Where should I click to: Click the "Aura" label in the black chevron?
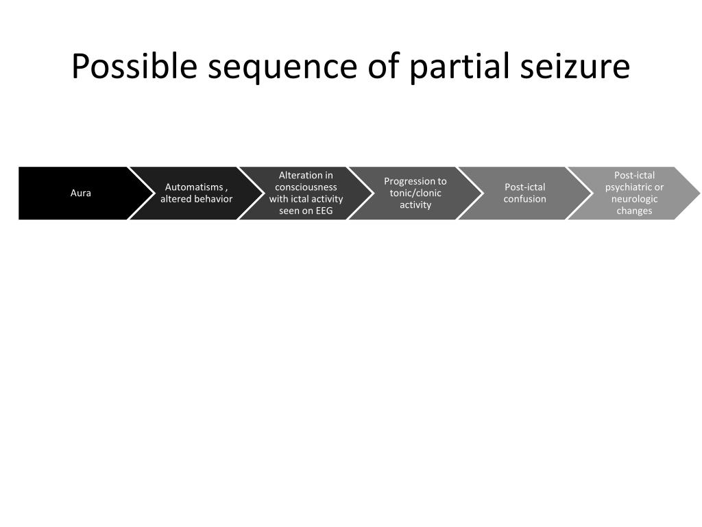[81, 193]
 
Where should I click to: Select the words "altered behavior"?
[197, 199]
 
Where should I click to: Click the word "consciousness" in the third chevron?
[306, 187]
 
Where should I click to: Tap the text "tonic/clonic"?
[415, 193]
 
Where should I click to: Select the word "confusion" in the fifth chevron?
[525, 199]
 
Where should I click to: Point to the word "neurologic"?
[635, 199]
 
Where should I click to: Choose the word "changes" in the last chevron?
[635, 211]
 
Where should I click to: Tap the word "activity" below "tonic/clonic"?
[415, 204]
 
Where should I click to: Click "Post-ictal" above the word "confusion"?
[525, 187]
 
